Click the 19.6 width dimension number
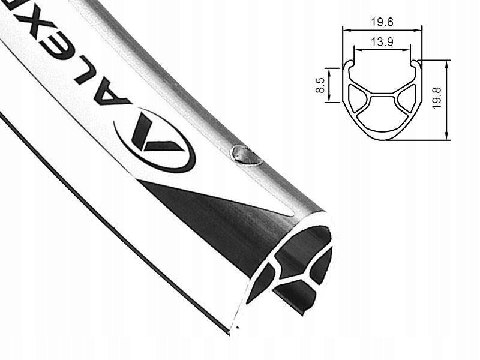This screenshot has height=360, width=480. (382, 22)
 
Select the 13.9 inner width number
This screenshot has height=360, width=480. (382, 43)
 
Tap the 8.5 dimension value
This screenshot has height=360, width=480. (320, 85)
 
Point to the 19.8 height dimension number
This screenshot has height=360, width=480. (437, 97)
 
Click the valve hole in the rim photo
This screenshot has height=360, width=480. (246, 155)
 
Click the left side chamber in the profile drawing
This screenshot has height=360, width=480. (358, 99)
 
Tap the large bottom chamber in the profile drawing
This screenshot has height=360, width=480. (382, 118)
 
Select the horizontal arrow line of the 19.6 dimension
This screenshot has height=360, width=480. (382, 30)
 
